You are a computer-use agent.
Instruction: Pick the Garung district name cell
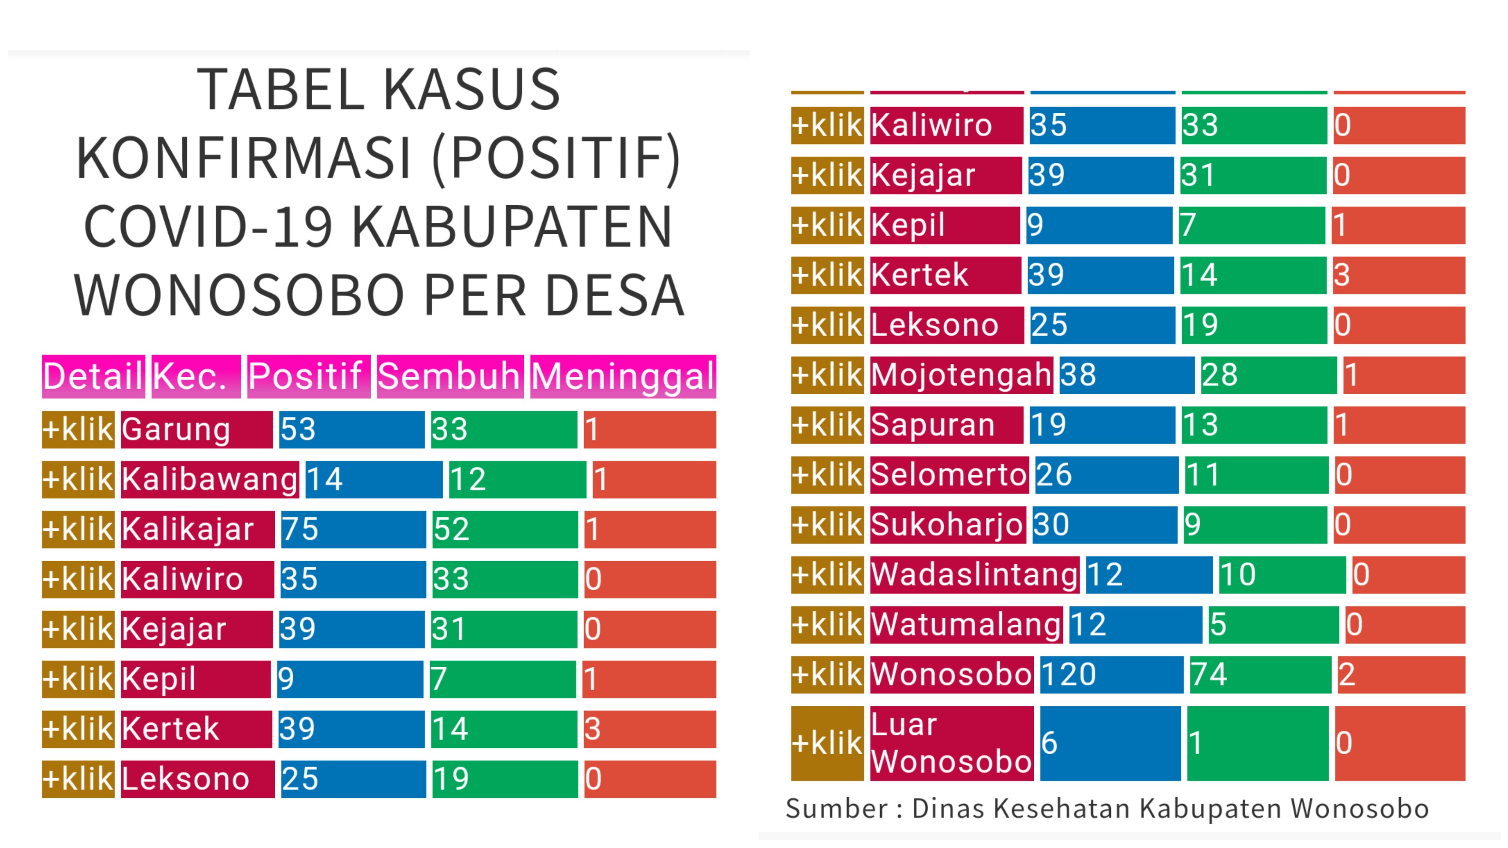click(x=196, y=429)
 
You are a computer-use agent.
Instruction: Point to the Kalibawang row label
click(x=210, y=479)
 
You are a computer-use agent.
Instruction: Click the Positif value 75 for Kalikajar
click(x=353, y=529)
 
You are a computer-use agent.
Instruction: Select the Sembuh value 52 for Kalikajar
click(x=504, y=529)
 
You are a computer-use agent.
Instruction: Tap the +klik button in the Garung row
click(x=78, y=429)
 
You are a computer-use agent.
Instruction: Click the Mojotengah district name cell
click(x=961, y=374)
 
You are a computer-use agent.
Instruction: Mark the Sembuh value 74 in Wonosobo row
click(x=1260, y=674)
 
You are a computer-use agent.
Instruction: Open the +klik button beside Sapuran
click(x=827, y=424)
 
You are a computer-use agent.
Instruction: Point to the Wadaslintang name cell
click(x=974, y=574)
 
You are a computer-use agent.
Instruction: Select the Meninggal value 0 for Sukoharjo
click(x=1399, y=525)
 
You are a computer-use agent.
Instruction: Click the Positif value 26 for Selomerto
click(x=1106, y=474)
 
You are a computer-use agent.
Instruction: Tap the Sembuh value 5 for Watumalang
click(x=1273, y=625)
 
